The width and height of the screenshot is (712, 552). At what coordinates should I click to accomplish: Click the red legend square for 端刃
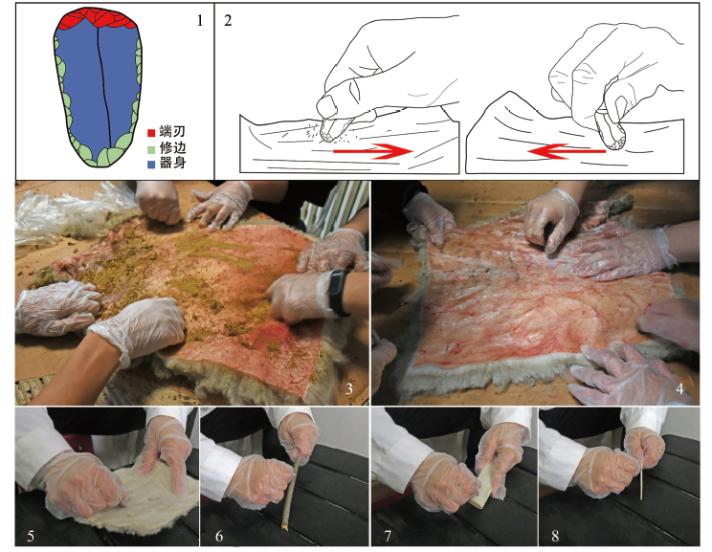point(151,133)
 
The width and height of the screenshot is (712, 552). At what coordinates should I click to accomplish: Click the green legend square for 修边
point(151,148)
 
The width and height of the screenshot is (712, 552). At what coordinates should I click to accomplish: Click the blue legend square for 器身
point(151,164)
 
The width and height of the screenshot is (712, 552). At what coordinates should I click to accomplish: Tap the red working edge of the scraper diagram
point(97,18)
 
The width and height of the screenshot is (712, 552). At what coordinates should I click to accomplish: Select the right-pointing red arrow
point(373,151)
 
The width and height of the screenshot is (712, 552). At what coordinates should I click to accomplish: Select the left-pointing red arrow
point(567,151)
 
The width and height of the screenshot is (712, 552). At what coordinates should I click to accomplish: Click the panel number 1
point(200,20)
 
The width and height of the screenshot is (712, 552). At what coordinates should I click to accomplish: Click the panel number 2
point(228,20)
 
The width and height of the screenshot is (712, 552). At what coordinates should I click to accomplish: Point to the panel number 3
point(348,389)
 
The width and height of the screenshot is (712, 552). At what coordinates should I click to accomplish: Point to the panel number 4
point(679,389)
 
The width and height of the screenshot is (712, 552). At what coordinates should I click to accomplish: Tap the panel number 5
point(30,536)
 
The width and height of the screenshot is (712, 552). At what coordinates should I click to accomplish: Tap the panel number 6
point(219,536)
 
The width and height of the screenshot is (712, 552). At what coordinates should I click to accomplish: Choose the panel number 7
point(388,536)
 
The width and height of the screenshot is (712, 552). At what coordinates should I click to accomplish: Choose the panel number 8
point(555,536)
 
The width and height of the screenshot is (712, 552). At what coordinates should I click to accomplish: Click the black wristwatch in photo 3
point(339,292)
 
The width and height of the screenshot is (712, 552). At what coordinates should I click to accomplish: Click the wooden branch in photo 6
point(289,495)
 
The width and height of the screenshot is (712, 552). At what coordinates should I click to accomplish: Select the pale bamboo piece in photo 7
point(482,488)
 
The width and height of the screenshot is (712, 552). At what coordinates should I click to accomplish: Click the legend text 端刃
point(172,132)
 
